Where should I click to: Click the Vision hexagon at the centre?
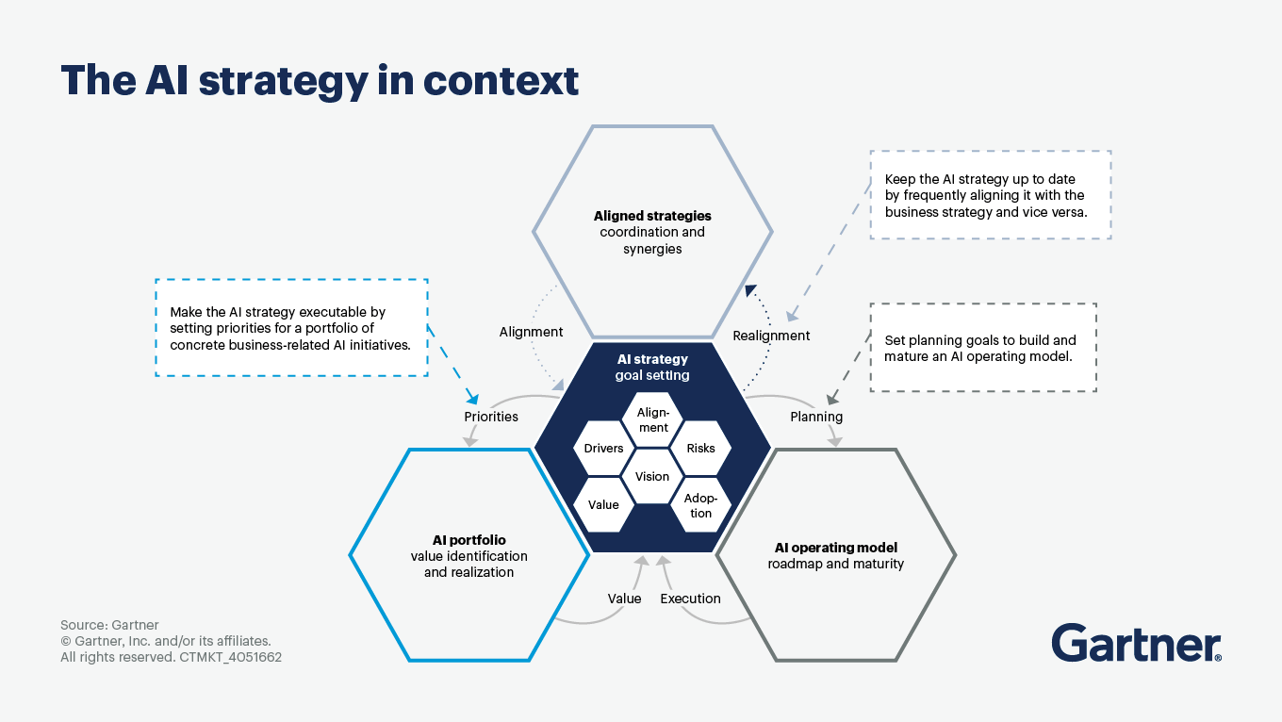click(652, 476)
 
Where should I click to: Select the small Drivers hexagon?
click(603, 448)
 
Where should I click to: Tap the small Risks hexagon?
click(700, 448)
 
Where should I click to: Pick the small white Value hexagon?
click(603, 504)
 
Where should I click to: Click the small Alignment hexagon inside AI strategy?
click(652, 420)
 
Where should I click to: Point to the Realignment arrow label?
click(771, 336)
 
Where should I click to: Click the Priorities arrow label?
click(491, 417)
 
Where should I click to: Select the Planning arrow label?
click(816, 417)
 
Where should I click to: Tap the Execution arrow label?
click(690, 599)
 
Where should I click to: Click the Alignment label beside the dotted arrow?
click(531, 332)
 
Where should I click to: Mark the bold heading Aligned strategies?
click(652, 216)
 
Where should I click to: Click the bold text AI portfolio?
click(468, 540)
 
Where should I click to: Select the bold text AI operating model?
click(836, 548)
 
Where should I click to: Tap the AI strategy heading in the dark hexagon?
click(652, 359)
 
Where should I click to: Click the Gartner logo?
click(1136, 643)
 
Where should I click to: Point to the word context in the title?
click(501, 81)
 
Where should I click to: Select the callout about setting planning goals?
click(983, 347)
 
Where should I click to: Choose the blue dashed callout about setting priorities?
click(291, 328)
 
